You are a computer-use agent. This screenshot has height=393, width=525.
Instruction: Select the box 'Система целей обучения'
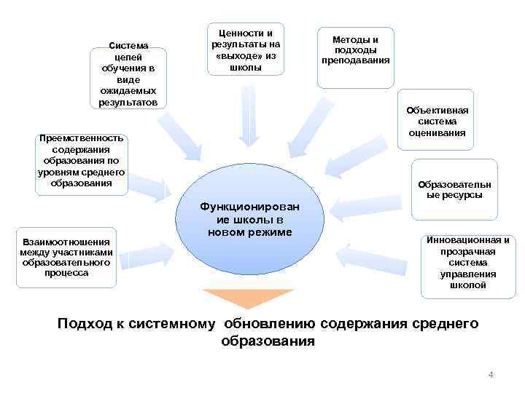[128, 74]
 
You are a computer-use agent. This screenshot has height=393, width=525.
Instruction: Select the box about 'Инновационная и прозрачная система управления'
[467, 263]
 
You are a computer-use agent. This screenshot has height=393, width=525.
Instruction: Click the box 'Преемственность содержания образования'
[82, 162]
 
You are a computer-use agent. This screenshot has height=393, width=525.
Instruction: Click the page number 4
[491, 375]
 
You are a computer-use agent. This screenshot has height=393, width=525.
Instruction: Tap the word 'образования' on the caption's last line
[268, 341]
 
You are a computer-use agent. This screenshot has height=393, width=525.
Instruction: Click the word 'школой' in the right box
[467, 286]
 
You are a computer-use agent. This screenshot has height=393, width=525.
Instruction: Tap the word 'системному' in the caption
[173, 324]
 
